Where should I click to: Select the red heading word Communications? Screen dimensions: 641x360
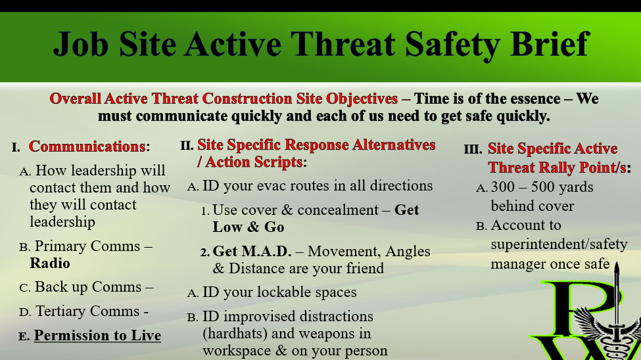pyautogui.click(x=87, y=146)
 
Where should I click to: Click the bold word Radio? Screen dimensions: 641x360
pyautogui.click(x=50, y=263)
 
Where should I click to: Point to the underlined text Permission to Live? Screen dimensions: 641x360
pyautogui.click(x=97, y=335)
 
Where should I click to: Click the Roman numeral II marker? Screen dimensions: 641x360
pyautogui.click(x=187, y=145)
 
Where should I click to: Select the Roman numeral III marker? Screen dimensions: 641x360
pyautogui.click(x=473, y=149)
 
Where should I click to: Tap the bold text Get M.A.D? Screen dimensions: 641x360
pyautogui.click(x=252, y=252)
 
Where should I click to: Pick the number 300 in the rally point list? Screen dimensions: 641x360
pyautogui.click(x=503, y=187)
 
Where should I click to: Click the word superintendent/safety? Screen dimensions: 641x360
pyautogui.click(x=559, y=244)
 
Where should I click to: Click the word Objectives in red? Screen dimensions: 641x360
pyautogui.click(x=362, y=99)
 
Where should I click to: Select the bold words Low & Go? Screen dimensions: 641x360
pyautogui.click(x=248, y=227)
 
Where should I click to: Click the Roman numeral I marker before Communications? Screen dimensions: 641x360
pyautogui.click(x=16, y=148)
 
